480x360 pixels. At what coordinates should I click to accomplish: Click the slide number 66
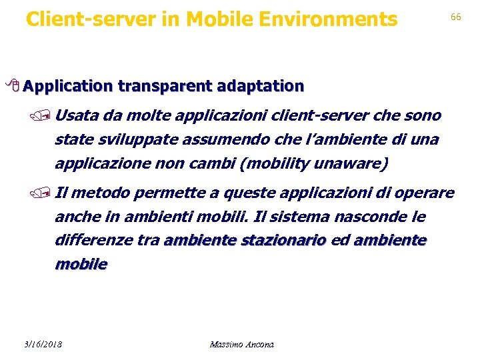(456, 17)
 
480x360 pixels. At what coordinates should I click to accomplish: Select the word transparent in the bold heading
(163, 86)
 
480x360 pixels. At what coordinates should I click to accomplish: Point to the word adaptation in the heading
(257, 86)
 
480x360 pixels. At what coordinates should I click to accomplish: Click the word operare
(424, 193)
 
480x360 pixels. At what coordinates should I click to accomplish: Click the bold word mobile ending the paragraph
(81, 265)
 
